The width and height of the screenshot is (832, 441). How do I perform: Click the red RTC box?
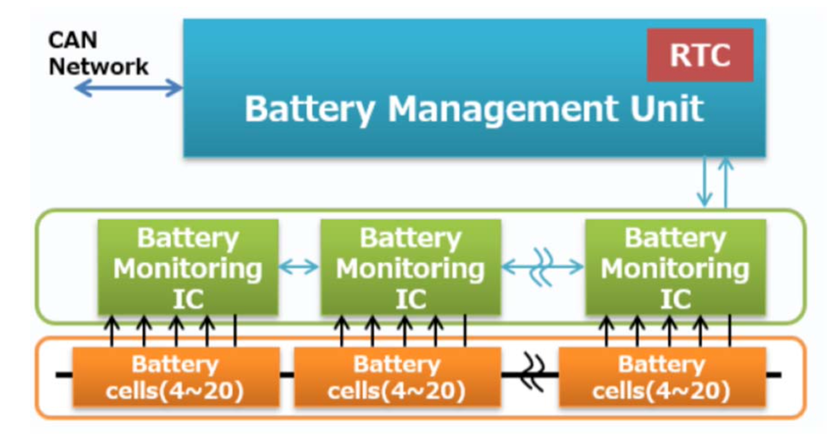[x=699, y=54]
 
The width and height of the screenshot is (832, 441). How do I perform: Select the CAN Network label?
[x=98, y=54]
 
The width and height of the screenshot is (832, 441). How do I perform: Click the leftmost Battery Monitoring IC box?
[x=188, y=267]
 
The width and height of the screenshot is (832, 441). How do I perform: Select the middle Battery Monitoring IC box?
[x=410, y=267]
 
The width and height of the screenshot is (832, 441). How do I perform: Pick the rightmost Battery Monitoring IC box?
[x=675, y=267]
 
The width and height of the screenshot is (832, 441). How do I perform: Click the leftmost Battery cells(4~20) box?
[x=176, y=377]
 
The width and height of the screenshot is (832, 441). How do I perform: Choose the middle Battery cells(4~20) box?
[x=397, y=377]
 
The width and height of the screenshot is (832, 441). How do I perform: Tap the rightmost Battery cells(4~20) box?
[x=662, y=377]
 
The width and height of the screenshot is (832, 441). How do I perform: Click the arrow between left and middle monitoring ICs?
[x=299, y=267]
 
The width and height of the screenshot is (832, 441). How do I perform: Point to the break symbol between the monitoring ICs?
[x=541, y=267]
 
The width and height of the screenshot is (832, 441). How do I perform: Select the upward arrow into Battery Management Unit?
[x=725, y=182]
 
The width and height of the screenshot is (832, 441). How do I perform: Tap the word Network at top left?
[x=98, y=66]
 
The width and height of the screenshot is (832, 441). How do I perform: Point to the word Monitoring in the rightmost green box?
[x=675, y=269]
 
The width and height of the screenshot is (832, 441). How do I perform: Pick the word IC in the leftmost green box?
[x=188, y=300]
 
